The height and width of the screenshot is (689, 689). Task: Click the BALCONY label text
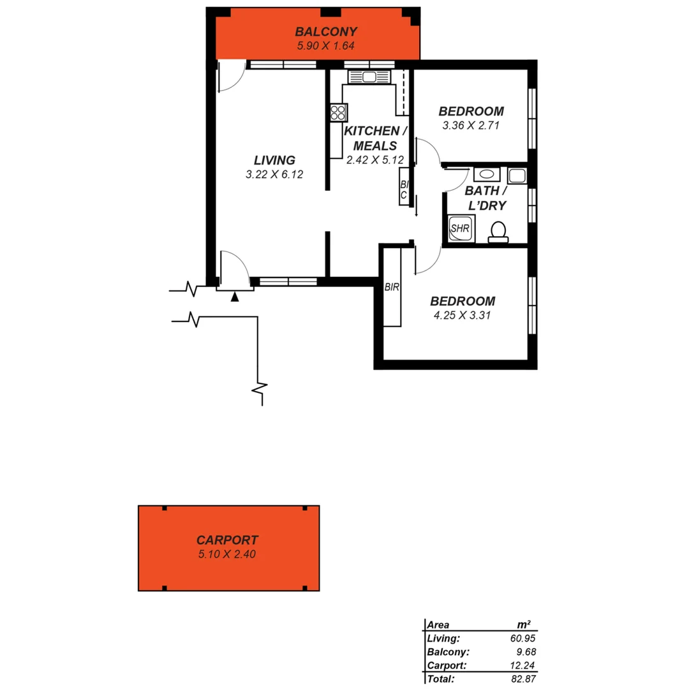(325, 31)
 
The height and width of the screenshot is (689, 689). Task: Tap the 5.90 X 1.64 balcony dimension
(325, 45)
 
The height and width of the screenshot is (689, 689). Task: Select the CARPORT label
(227, 540)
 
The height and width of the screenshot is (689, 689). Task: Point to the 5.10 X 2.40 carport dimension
(227, 554)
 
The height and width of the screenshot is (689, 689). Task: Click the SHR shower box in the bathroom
(459, 228)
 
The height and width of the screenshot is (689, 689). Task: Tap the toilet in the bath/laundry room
(498, 231)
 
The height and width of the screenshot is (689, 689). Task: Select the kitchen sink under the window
(369, 77)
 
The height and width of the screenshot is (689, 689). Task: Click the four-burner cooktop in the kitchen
(338, 113)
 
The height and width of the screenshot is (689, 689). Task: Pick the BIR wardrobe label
(392, 287)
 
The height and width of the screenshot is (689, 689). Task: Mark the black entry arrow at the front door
(235, 297)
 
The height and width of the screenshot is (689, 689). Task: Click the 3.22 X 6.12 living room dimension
(274, 174)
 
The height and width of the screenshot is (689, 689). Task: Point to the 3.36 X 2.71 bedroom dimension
(470, 126)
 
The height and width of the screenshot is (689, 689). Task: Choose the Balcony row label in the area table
(448, 652)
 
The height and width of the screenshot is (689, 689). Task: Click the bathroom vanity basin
(487, 174)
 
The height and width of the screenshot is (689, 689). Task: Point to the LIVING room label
(274, 160)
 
